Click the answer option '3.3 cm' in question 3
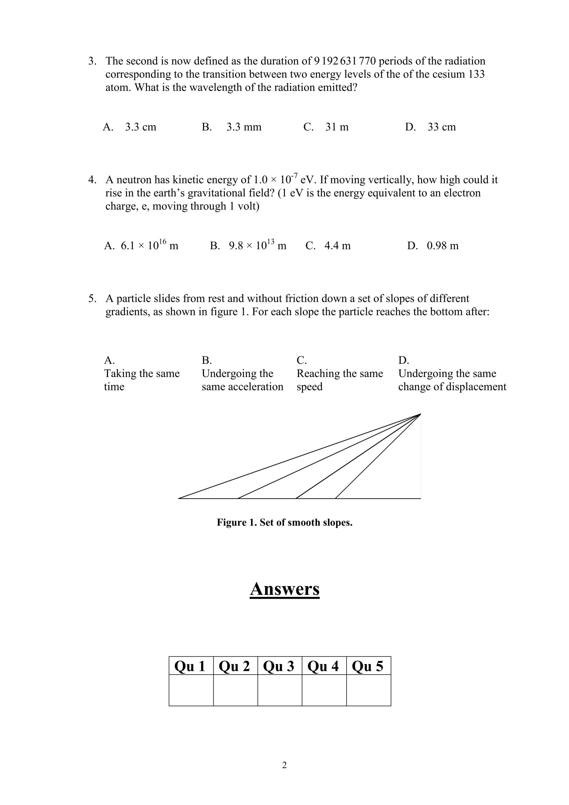click(x=140, y=127)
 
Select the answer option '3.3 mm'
click(x=243, y=127)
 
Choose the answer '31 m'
click(x=337, y=127)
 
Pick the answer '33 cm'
click(x=441, y=127)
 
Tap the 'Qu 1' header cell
click(x=191, y=666)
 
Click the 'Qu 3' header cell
click(x=280, y=666)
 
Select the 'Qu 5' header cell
click(x=368, y=666)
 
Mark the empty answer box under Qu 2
click(x=235, y=690)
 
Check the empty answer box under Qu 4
click(x=324, y=690)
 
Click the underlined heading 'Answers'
click(x=284, y=589)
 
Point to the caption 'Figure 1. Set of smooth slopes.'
click(x=284, y=523)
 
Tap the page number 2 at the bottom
click(x=284, y=765)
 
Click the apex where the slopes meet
click(x=420, y=414)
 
